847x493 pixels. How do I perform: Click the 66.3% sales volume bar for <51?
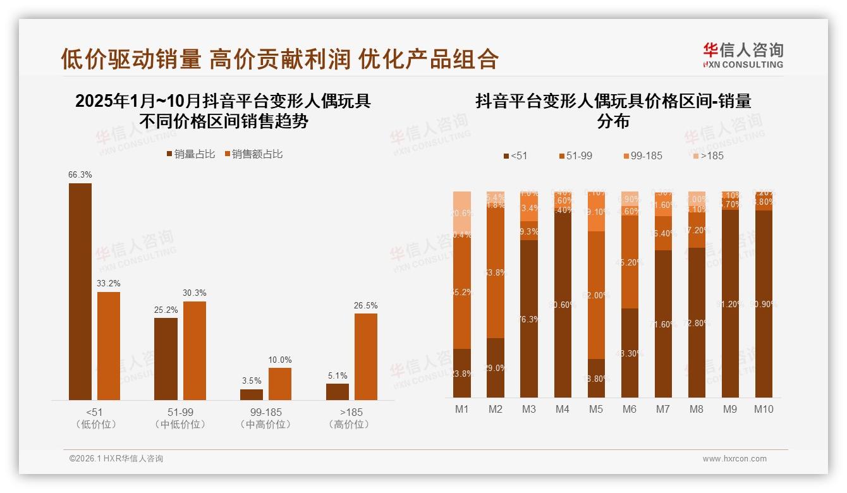80,291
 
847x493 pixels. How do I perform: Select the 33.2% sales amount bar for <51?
109,346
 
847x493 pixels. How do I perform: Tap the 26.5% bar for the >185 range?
366,356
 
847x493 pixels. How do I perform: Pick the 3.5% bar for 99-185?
252,394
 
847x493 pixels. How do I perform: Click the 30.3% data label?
195,293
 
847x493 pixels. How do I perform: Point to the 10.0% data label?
280,360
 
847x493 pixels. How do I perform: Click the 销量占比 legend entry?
191,154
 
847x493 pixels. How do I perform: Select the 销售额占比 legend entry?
253,154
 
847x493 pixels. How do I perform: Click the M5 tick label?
595,410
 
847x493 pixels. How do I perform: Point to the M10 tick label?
764,410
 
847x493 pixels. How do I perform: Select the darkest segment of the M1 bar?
462,373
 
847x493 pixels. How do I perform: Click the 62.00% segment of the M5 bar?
596,295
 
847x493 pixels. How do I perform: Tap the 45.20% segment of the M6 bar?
630,262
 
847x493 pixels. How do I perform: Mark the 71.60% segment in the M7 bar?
663,324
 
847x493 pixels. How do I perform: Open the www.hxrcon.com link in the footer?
734,459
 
